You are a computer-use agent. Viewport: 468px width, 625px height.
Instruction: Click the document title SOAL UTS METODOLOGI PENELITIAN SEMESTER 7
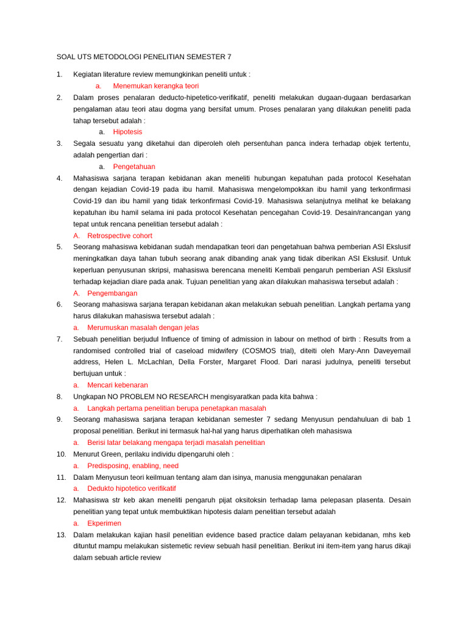point(144,57)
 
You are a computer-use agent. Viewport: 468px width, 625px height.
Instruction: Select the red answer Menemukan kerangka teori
point(156,86)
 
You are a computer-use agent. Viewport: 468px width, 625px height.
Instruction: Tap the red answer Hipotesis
point(127,132)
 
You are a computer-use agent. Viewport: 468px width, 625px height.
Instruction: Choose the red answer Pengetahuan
point(134,167)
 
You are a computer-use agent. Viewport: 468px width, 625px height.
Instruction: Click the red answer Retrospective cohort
point(120,236)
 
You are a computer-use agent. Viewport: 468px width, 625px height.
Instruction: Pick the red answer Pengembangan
point(113,293)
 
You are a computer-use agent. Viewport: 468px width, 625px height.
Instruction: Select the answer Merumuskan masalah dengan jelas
point(143,328)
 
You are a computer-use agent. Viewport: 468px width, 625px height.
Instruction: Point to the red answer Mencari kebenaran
point(118,385)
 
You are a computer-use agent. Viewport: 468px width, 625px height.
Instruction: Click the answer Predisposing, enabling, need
point(133,466)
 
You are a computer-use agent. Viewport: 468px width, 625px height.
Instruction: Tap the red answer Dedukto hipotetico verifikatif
point(132,489)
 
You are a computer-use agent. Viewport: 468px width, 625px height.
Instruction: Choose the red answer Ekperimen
point(104,524)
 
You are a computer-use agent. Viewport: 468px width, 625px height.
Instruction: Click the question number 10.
point(60,454)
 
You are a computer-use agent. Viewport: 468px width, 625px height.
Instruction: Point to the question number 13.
point(60,535)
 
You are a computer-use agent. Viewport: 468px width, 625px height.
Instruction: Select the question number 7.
point(58,339)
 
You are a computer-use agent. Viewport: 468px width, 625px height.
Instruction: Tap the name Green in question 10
point(114,454)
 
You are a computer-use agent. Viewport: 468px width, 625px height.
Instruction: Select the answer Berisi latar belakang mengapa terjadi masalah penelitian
point(176,443)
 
